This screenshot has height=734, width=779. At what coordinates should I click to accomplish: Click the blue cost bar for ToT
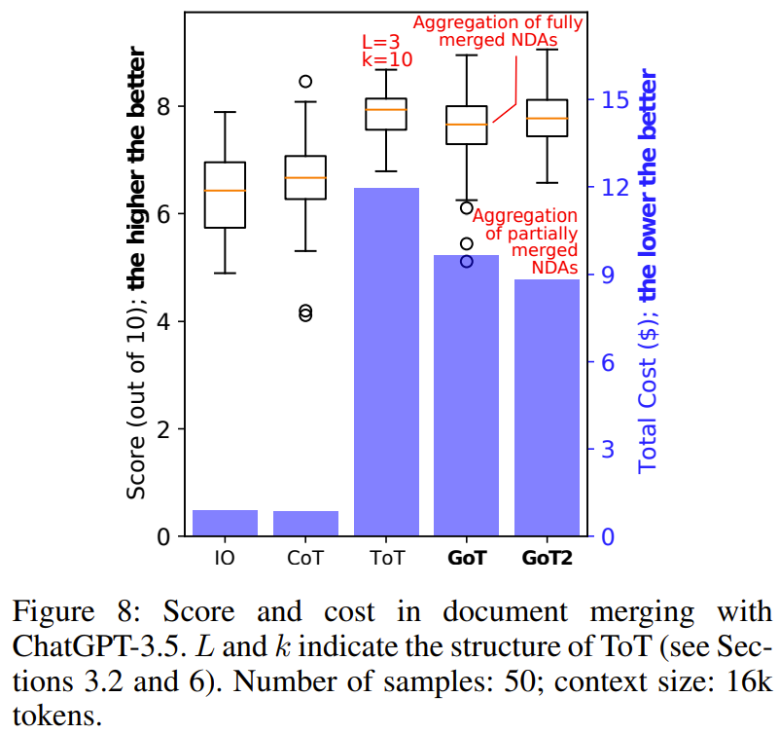[x=386, y=360]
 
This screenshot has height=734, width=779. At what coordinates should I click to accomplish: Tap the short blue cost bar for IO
[x=225, y=523]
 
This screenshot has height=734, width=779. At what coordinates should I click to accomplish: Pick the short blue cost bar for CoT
[x=305, y=524]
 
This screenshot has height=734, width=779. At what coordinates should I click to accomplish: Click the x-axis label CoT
[x=305, y=560]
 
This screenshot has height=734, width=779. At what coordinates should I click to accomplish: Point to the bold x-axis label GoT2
[x=547, y=560]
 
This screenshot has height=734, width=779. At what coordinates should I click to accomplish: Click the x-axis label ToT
[x=386, y=560]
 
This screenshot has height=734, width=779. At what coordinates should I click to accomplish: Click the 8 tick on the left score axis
[x=163, y=106]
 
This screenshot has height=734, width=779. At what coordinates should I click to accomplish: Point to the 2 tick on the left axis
[x=163, y=429]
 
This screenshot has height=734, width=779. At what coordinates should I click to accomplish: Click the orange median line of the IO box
[x=225, y=191]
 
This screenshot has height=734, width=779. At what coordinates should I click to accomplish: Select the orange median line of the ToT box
[x=386, y=110]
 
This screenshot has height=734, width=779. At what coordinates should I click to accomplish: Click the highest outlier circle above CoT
[x=305, y=82]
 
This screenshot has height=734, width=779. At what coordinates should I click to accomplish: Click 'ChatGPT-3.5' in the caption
[x=93, y=645]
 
